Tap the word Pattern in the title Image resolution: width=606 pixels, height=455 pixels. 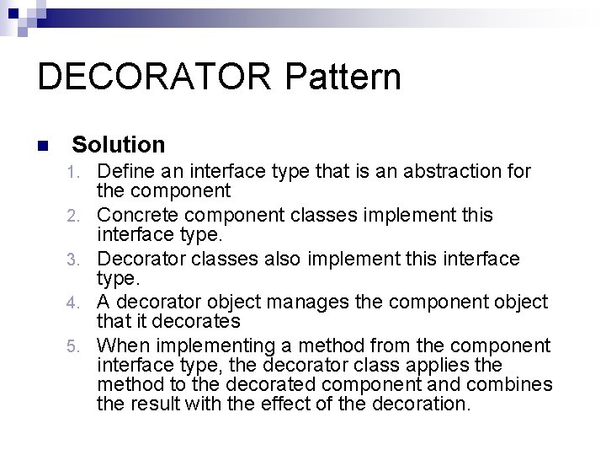pyautogui.click(x=343, y=77)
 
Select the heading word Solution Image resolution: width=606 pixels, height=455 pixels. pyautogui.click(x=119, y=145)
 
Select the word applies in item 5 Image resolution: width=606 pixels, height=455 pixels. pyautogui.click(x=470, y=365)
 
